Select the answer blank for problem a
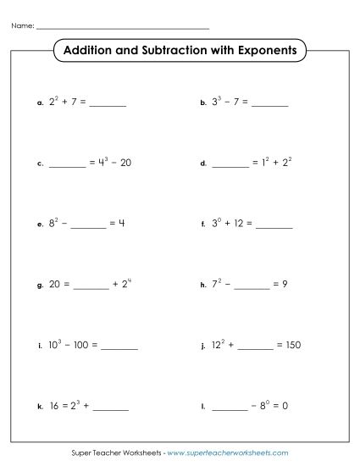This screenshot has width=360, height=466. click(x=108, y=104)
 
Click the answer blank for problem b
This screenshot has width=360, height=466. click(x=269, y=104)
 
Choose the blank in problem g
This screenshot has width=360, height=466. click(x=91, y=285)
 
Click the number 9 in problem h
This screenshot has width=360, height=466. click(x=285, y=285)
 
